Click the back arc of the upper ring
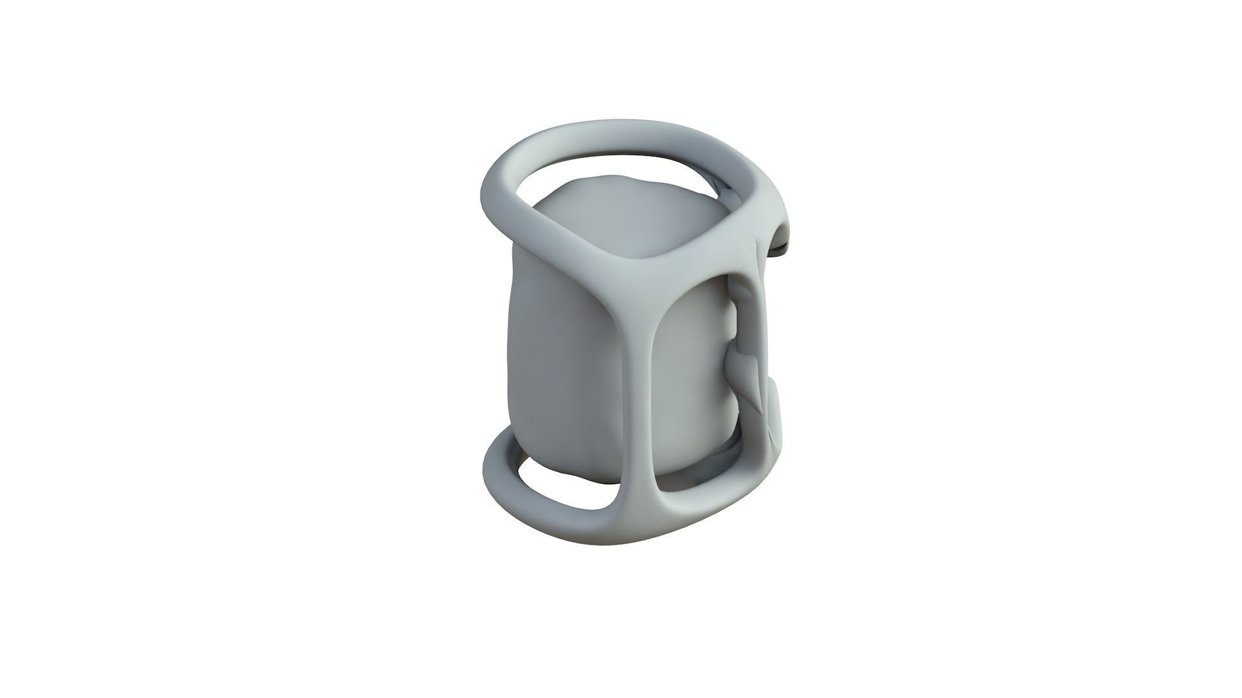pos(621,129)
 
